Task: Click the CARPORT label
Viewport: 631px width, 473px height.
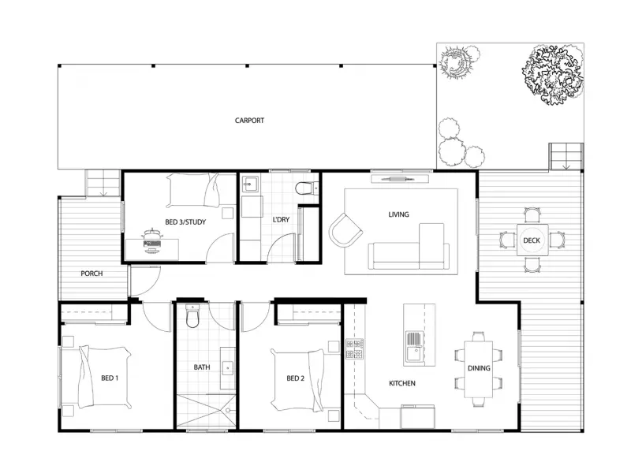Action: [x=249, y=121]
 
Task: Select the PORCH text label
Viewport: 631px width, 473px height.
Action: [x=91, y=274]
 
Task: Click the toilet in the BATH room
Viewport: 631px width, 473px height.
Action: [x=190, y=318]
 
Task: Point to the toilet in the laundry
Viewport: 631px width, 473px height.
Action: [x=304, y=188]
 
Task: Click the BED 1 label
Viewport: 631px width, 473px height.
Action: [x=110, y=377]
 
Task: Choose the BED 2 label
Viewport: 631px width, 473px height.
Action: [x=295, y=378]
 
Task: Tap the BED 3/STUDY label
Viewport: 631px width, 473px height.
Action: [x=185, y=222]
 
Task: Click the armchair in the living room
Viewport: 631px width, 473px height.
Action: [x=346, y=229]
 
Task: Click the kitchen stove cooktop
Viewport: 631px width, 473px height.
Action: [x=353, y=348]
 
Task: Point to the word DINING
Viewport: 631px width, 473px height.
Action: [x=478, y=368]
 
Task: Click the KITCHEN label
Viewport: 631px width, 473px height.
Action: [x=402, y=384]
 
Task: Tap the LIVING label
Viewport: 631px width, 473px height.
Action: [x=398, y=214]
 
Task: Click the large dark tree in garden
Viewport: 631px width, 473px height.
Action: [x=553, y=73]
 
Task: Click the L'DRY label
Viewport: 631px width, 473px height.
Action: [x=280, y=222]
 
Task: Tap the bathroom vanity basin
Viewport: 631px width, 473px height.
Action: [x=226, y=367]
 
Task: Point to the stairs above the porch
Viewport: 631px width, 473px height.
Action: [x=101, y=184]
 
